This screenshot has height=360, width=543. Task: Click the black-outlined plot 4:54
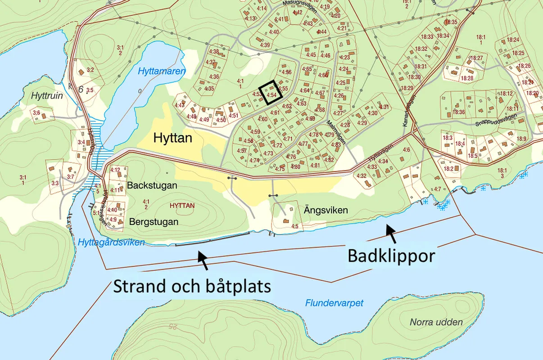(271, 93)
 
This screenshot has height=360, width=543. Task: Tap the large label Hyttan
(172, 138)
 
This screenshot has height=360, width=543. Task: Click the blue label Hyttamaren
(156, 71)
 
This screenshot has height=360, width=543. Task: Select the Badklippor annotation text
(391, 256)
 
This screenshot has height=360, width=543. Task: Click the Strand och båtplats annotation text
(192, 286)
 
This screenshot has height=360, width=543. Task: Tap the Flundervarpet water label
(334, 303)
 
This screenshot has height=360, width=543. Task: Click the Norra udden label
(436, 322)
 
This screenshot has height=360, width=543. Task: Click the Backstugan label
(152, 185)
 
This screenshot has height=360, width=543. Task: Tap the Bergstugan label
(154, 222)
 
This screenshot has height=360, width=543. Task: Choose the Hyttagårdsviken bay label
(111, 243)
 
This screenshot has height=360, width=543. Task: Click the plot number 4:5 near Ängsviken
(295, 226)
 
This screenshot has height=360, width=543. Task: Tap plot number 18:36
(459, 112)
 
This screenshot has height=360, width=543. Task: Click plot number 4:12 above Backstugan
(115, 170)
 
